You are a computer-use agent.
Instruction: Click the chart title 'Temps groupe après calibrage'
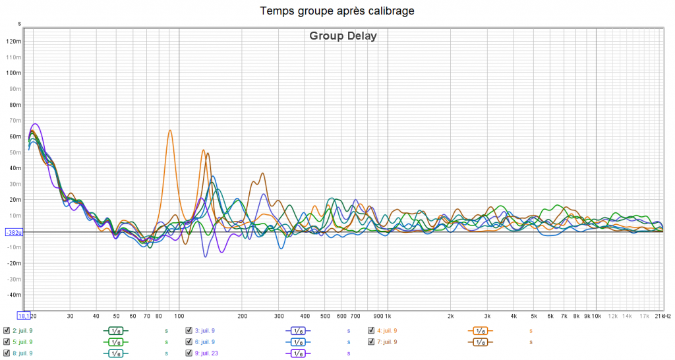[x=337, y=11]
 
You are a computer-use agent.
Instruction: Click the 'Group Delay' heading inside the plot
[x=343, y=36]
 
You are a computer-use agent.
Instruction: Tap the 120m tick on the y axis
[x=14, y=41]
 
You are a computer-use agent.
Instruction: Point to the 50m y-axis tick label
[x=15, y=152]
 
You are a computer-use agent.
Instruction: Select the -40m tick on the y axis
[x=14, y=295]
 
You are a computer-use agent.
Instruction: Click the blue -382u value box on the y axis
[x=14, y=232]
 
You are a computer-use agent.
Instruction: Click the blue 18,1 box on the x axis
[x=24, y=315]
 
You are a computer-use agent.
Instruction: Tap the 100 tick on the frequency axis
[x=179, y=316]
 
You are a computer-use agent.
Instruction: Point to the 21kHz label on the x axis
[x=662, y=316]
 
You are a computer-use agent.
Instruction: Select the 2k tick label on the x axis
[x=451, y=316]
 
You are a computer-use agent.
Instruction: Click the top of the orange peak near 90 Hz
[x=170, y=131]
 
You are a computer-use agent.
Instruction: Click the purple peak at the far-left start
[x=36, y=124]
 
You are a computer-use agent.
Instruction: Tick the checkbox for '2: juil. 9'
[x=7, y=330]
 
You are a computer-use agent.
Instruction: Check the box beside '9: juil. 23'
[x=189, y=353]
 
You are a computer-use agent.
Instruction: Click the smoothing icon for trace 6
[x=297, y=342]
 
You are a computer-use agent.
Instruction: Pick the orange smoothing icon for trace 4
[x=479, y=330]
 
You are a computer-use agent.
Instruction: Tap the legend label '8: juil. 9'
[x=22, y=353]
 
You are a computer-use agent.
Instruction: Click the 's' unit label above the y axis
[x=19, y=24]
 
